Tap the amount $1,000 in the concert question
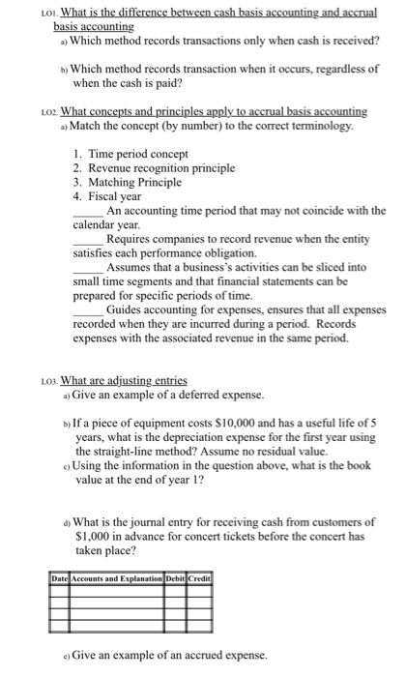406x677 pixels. [95, 535]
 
